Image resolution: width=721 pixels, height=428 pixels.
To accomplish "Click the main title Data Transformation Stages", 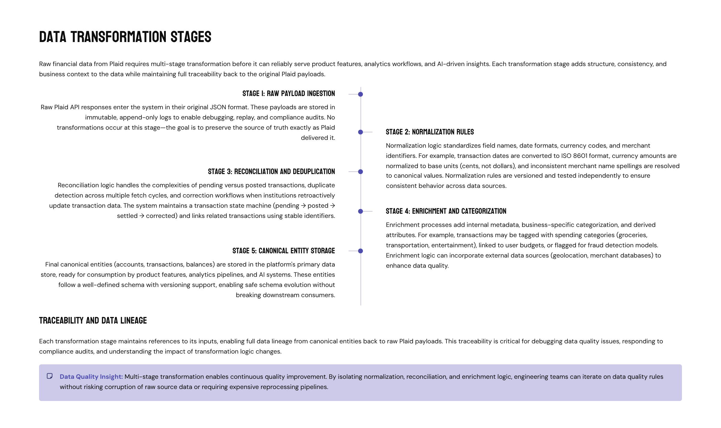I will tap(125, 37).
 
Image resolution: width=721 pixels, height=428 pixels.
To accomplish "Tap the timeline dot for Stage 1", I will tap(360, 94).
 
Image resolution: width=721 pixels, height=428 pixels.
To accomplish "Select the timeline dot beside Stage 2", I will tap(360, 132).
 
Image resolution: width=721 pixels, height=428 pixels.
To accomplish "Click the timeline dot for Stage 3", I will tap(360, 172).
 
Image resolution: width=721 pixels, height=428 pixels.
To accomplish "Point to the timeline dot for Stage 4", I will tap(360, 211).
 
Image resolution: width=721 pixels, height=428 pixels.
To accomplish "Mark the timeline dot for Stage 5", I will tap(360, 251).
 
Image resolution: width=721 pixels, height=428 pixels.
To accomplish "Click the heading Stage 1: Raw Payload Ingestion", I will tap(288, 94).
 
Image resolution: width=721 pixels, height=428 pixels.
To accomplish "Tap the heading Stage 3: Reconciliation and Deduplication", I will tap(271, 172).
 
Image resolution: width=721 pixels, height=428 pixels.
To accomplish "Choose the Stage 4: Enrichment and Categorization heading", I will tap(446, 211).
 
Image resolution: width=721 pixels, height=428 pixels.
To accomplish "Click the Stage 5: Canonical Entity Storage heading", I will tap(283, 251).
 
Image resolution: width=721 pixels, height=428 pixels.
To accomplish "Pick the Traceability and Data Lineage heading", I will tap(93, 321).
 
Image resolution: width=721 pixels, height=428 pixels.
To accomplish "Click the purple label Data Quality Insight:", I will tap(91, 377).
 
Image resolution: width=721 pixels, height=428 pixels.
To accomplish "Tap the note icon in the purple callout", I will tap(50, 376).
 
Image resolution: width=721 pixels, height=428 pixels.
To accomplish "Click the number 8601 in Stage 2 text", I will tap(580, 156).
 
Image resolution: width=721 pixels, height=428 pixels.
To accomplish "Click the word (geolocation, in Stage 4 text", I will tap(569, 255).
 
